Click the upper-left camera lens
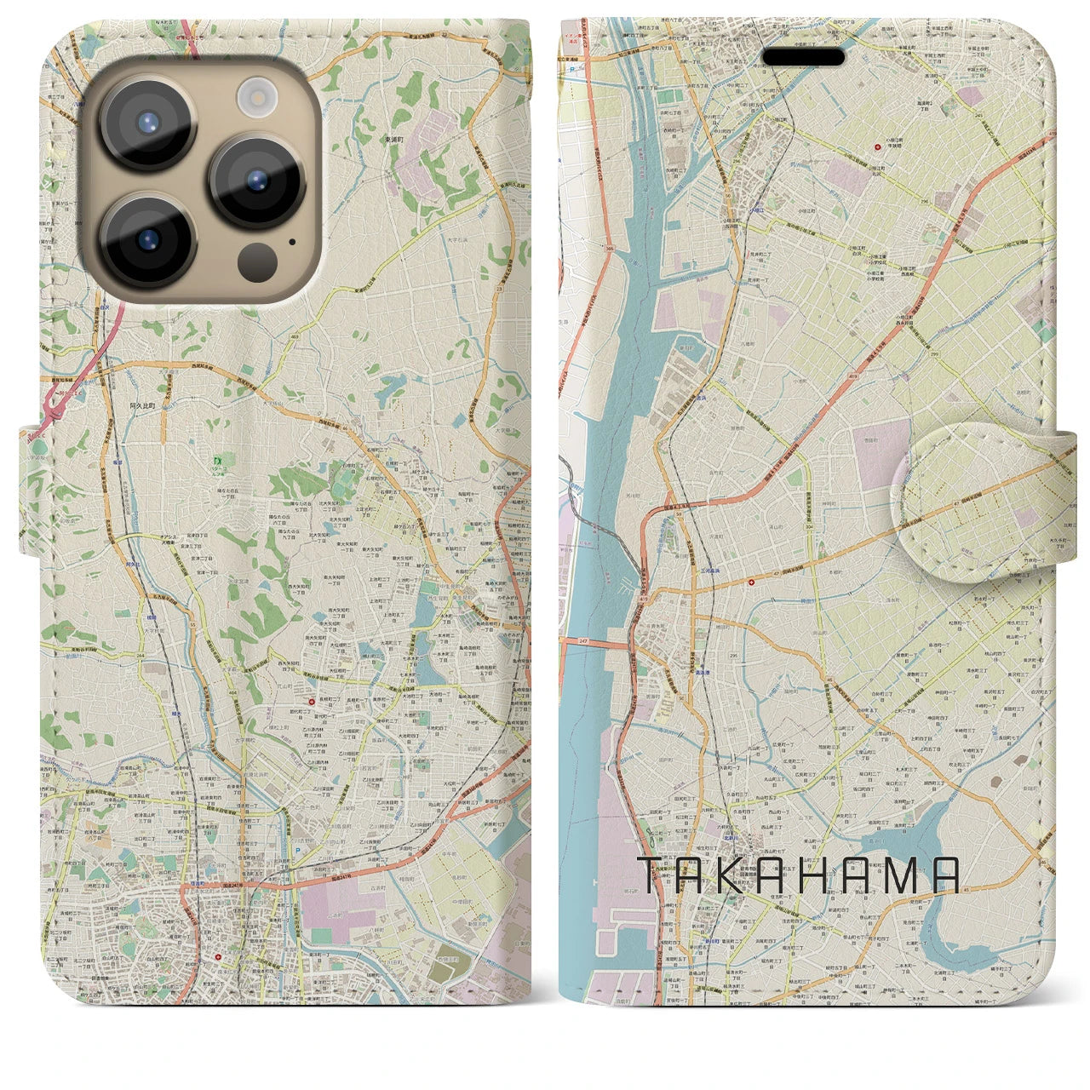(x=147, y=122)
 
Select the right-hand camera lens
(x=256, y=181)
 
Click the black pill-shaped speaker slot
(x=803, y=57)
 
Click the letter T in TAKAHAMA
(x=652, y=875)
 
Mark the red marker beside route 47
(x=751, y=582)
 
